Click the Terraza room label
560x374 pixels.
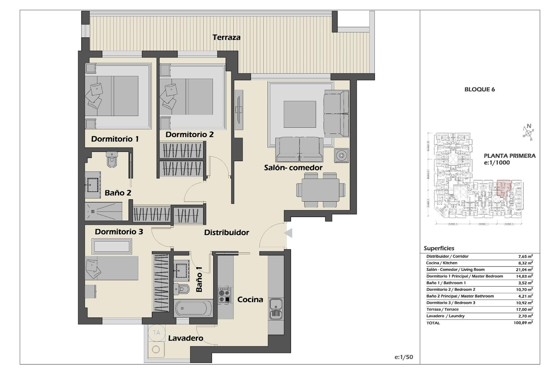click(226, 37)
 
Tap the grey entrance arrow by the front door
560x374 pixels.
click(288, 233)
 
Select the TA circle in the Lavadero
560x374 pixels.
click(156, 333)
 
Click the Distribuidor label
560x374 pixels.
click(226, 233)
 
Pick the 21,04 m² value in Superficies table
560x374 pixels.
click(524, 269)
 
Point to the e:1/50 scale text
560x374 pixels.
click(404, 357)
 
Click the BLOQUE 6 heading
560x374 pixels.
click(480, 89)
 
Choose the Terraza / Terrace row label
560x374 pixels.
click(442, 309)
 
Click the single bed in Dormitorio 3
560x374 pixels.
click(112, 268)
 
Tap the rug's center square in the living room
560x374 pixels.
click(300, 114)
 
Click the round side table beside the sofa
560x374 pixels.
click(341, 155)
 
